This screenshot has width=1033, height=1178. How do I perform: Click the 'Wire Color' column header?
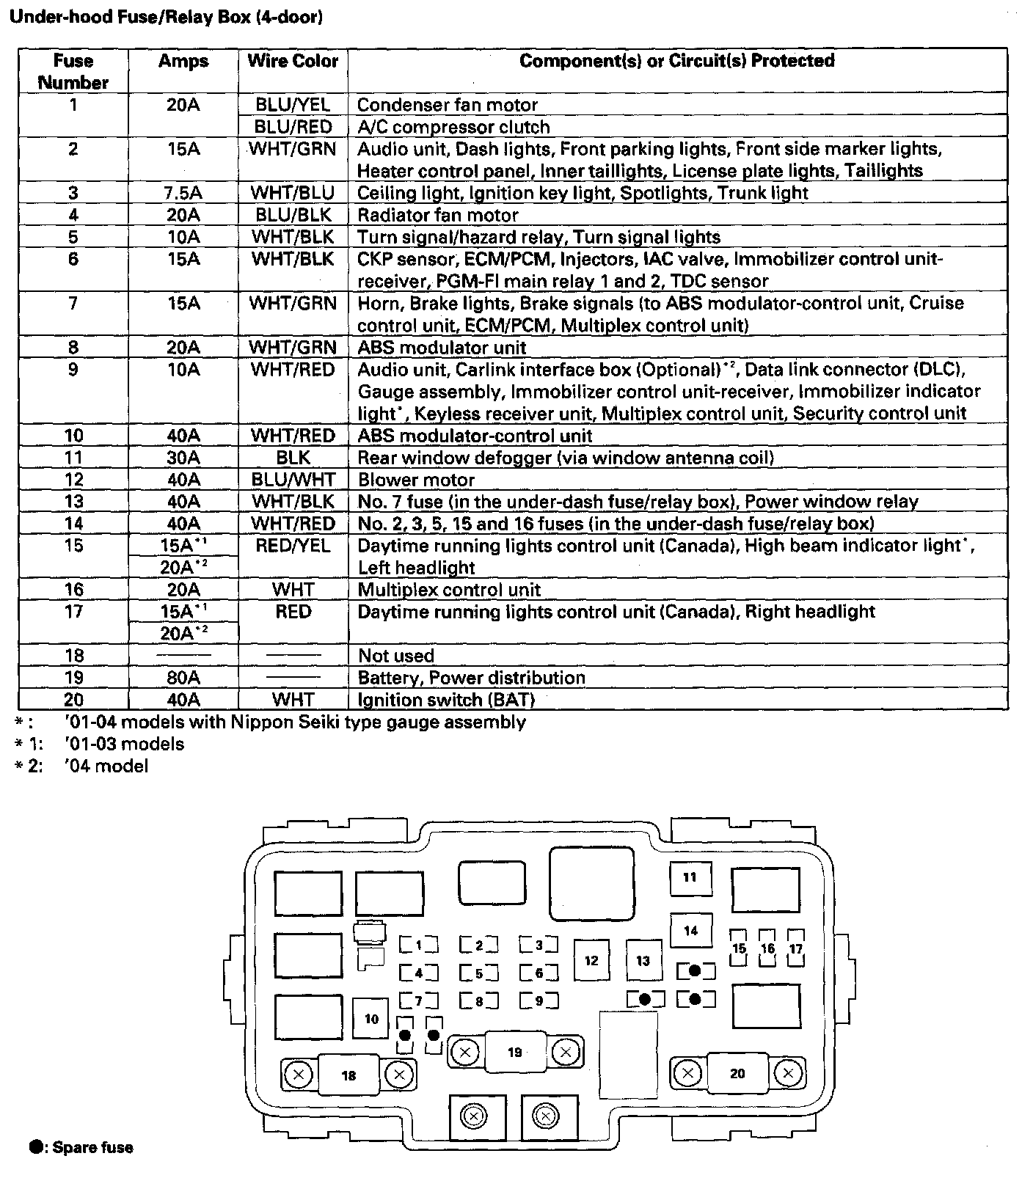(x=293, y=61)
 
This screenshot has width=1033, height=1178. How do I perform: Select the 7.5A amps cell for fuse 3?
(x=183, y=193)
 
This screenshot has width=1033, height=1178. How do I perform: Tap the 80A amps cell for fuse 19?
(x=183, y=678)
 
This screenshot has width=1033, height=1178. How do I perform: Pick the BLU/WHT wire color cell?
(x=293, y=480)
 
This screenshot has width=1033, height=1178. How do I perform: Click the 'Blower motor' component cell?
(x=416, y=480)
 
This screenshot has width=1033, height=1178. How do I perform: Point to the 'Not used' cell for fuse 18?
(x=396, y=656)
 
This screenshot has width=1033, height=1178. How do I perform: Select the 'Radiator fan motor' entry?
(x=437, y=215)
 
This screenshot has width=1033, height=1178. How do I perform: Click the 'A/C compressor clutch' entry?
(x=453, y=127)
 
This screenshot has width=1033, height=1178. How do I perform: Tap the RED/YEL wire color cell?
(x=293, y=546)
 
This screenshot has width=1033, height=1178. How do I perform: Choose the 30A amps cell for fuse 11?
(x=183, y=458)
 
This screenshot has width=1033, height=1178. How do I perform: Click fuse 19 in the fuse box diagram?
(x=514, y=1053)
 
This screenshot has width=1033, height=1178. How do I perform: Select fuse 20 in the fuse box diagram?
(x=737, y=1074)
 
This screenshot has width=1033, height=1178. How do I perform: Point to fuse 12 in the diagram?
(x=591, y=961)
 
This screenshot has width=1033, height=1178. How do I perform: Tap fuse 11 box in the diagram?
(x=690, y=877)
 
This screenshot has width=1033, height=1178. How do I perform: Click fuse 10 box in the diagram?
(x=371, y=1019)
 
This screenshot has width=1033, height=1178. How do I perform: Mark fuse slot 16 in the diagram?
(x=767, y=948)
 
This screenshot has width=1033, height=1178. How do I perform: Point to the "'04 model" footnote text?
(x=106, y=767)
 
